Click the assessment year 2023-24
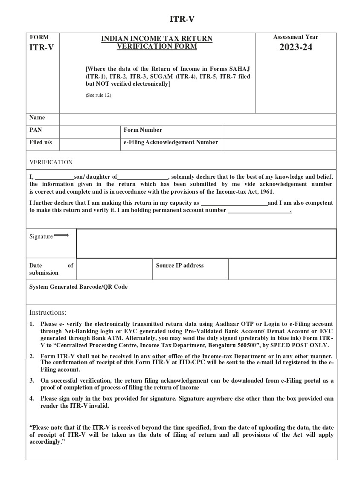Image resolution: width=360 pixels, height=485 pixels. point(296,47)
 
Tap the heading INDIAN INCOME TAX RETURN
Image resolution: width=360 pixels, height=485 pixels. point(157,39)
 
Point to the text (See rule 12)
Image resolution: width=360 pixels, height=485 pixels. point(98,95)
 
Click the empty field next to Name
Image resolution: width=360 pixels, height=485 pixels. point(197,119)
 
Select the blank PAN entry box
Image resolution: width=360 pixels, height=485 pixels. point(90,132)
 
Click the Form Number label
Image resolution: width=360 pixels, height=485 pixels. point(142,130)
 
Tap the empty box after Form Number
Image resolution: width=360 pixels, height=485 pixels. point(279,132)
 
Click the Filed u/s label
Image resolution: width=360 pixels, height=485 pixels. point(41,142)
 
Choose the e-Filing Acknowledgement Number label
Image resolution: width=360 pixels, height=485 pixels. point(171,142)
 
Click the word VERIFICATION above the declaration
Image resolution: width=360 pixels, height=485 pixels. point(51,163)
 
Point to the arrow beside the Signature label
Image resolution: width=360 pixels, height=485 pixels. point(61,235)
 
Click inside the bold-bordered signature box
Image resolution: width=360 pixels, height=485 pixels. point(206,244)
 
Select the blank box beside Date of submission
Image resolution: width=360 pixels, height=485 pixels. point(114,269)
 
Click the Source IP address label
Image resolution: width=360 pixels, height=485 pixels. point(180,265)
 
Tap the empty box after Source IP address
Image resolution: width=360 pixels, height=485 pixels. point(282,269)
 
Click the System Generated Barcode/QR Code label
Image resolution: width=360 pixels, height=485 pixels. point(78,287)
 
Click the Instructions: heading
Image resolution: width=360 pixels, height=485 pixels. point(48,313)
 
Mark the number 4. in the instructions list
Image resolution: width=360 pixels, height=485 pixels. point(32,398)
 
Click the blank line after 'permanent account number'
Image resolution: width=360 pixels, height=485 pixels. point(259,210)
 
